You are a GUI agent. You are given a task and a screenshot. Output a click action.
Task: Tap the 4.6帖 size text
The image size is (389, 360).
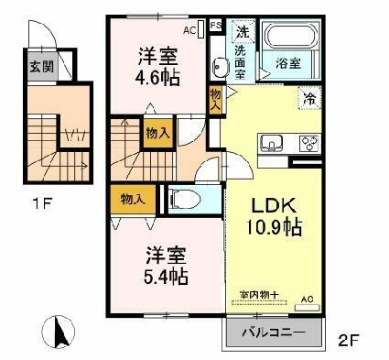pyautogui.click(x=153, y=78)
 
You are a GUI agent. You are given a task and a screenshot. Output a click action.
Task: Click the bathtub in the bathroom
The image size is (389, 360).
pyautogui.click(x=290, y=38)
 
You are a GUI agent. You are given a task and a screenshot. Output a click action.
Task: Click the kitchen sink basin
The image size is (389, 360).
pyautogui.click(x=272, y=142)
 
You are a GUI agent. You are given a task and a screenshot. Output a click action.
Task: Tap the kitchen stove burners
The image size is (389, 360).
pyautogui.click(x=308, y=142)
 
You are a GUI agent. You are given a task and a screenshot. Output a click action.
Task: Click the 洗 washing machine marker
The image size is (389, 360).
pyautogui.click(x=242, y=33)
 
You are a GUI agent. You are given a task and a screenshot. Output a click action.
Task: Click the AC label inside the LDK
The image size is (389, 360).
pyautogui.click(x=307, y=299)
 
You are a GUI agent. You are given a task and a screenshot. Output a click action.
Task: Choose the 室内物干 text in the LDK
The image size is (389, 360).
pyautogui.click(x=259, y=293)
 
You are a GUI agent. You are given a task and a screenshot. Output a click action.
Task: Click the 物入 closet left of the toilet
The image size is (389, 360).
pyautogui.click(x=133, y=199)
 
